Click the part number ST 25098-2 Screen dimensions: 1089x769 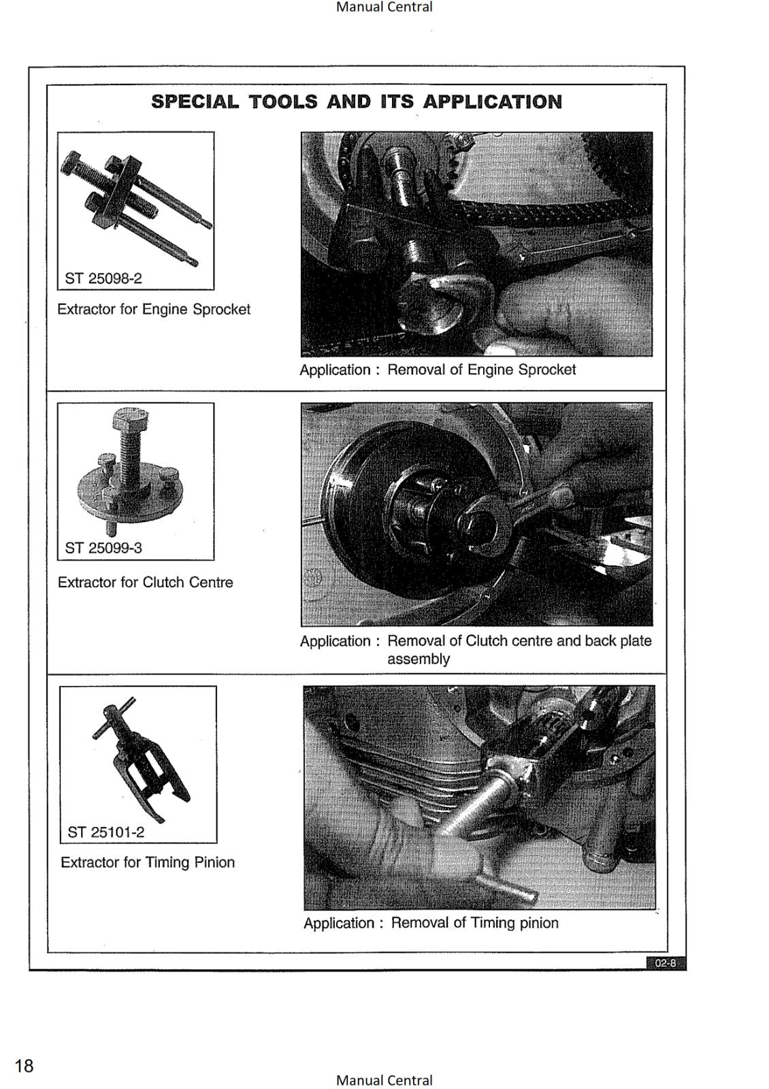click(103, 278)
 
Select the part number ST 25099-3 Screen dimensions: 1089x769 click(103, 548)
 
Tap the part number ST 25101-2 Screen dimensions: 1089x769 click(106, 832)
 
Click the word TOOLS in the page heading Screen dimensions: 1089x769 click(282, 102)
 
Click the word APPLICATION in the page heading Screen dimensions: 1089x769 click(493, 102)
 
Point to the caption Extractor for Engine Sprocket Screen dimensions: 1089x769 click(154, 309)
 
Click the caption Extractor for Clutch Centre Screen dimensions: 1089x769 click(145, 583)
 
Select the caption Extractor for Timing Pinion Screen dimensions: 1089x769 click(148, 862)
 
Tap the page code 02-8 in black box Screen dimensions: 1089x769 click(666, 963)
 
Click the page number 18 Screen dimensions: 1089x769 click(24, 1065)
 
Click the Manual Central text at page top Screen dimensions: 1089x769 click(384, 7)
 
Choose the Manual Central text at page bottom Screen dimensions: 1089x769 click(384, 1080)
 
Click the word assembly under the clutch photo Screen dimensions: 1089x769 click(419, 659)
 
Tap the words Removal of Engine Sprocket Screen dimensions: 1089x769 click(481, 370)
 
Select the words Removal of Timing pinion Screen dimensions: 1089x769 click(474, 923)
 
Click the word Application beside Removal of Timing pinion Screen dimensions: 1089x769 click(339, 923)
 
